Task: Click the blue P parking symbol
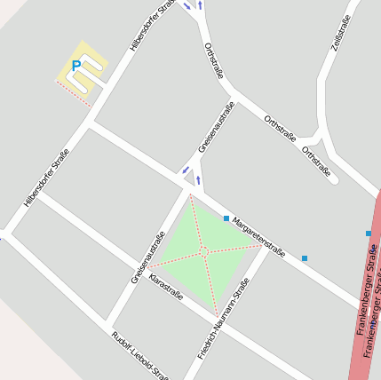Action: click(x=76, y=65)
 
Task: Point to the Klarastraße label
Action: click(x=167, y=287)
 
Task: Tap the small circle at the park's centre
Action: click(x=204, y=252)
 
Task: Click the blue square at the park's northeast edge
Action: click(x=226, y=218)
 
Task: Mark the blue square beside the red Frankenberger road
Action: click(x=369, y=234)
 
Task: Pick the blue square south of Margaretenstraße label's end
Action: click(x=305, y=258)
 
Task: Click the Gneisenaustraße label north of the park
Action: click(x=216, y=128)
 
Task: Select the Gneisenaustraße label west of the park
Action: click(x=148, y=257)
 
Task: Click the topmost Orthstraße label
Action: click(x=213, y=60)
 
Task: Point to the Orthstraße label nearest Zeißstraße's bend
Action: click(x=315, y=161)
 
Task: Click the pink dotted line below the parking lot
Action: click(x=73, y=93)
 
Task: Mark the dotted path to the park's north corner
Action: click(x=196, y=222)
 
